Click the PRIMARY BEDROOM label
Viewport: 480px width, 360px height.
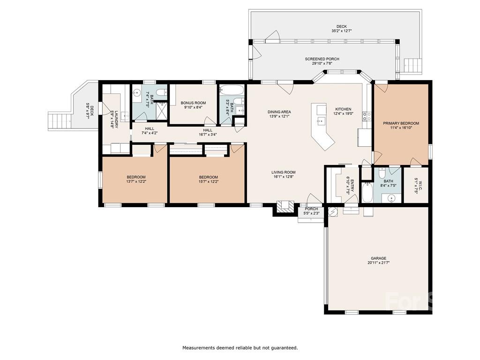tap(401, 123)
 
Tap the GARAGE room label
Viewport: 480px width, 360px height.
tap(378, 258)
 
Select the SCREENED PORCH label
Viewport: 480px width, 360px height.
tap(322, 59)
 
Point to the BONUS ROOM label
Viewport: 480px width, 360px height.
tap(193, 103)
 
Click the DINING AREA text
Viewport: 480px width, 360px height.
tap(279, 112)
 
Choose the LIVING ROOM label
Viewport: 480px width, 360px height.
tap(284, 172)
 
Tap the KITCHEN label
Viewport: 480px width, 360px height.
tap(343, 109)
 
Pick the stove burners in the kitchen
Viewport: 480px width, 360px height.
tap(367, 116)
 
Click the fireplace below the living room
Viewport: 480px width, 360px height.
tap(285, 207)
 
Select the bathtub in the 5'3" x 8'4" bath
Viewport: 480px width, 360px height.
tap(232, 90)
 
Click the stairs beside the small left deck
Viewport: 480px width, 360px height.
tap(60, 121)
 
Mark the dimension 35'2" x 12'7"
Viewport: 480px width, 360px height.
tap(341, 31)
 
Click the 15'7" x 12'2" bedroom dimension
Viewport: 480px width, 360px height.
tap(209, 181)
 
